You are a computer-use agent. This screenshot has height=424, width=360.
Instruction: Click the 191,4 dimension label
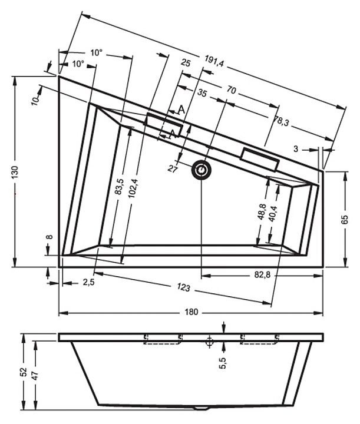[214, 61]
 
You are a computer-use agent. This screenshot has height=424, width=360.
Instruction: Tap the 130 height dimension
[15, 172]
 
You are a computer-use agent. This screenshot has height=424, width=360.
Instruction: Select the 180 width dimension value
[191, 312]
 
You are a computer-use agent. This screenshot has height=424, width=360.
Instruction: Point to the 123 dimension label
[184, 287]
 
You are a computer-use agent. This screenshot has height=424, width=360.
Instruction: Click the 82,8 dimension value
[262, 275]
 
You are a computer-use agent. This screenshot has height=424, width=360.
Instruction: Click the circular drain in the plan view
[201, 170]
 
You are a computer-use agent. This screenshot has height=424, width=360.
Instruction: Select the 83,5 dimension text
[118, 187]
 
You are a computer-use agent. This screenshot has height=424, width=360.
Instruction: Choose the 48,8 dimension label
[262, 211]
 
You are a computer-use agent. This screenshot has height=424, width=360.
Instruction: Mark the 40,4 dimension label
[273, 214]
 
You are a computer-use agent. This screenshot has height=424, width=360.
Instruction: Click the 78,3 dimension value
[280, 121]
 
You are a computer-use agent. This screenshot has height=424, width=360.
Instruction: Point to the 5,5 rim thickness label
[223, 363]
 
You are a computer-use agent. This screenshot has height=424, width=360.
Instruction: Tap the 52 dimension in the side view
[24, 372]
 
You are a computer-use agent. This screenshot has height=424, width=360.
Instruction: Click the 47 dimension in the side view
[35, 375]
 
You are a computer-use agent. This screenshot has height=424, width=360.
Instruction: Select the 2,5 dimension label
[88, 283]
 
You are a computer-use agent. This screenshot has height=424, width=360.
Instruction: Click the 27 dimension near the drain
[173, 169]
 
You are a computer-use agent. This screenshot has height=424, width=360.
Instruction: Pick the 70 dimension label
[231, 90]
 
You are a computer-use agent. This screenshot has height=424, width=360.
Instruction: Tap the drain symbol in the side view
[209, 341]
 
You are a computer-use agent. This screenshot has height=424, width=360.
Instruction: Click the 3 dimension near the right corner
[296, 149]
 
